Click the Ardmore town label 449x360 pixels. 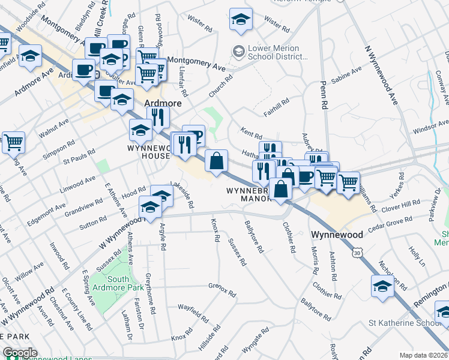click(x=163, y=103)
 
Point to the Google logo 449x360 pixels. click(x=20, y=353)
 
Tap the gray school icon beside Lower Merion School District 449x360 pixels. click(x=239, y=52)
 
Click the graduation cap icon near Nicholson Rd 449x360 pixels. click(x=382, y=286)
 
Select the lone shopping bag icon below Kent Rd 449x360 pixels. click(x=216, y=161)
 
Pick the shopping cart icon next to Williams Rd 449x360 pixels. click(x=348, y=181)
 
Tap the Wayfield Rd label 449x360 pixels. click(x=193, y=312)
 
